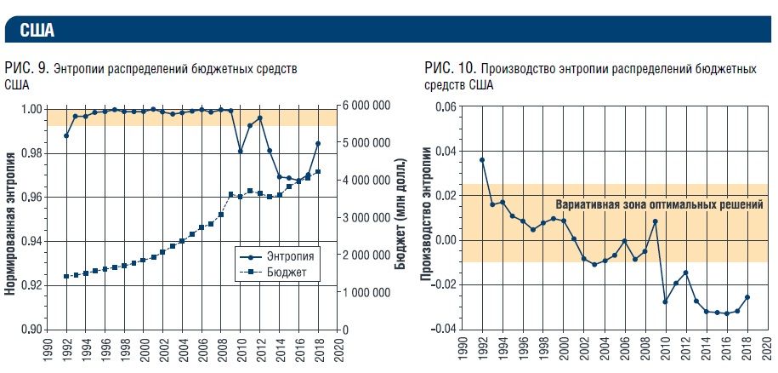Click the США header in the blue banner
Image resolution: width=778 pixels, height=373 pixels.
point(35,32)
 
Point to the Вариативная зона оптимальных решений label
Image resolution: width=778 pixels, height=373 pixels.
point(659,205)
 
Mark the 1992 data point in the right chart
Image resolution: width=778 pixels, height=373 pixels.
point(482,160)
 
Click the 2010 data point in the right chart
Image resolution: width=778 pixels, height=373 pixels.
point(665,301)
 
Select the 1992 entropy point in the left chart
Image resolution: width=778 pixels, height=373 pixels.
point(65,135)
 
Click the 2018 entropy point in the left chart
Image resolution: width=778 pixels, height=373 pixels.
point(318,143)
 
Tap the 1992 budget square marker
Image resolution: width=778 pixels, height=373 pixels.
point(65,277)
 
